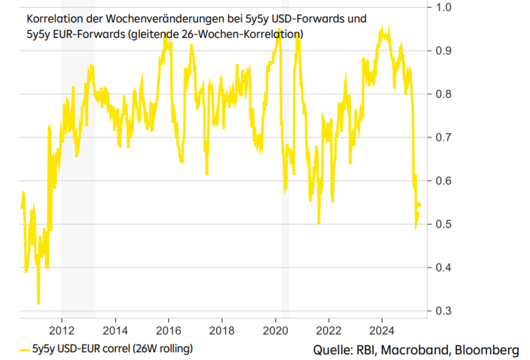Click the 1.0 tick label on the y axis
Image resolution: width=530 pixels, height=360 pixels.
click(443, 7)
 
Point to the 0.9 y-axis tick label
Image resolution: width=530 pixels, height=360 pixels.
click(443, 50)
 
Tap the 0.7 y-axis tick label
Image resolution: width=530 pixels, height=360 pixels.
click(443, 137)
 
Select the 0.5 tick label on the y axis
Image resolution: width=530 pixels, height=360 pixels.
click(443, 224)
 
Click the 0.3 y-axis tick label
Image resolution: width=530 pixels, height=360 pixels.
click(443, 311)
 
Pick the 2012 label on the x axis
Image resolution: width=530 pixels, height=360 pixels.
click(62, 330)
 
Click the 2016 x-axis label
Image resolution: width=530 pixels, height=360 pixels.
click(168, 330)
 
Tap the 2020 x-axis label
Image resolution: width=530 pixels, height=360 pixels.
click(275, 330)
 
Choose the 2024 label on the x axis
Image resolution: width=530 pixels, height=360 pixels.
click(382, 330)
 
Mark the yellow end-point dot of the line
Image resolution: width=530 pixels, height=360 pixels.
click(419, 205)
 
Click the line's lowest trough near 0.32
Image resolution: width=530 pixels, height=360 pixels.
click(39, 303)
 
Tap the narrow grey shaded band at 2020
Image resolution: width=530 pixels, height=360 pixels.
click(285, 189)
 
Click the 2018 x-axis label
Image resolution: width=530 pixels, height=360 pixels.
click(222, 330)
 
